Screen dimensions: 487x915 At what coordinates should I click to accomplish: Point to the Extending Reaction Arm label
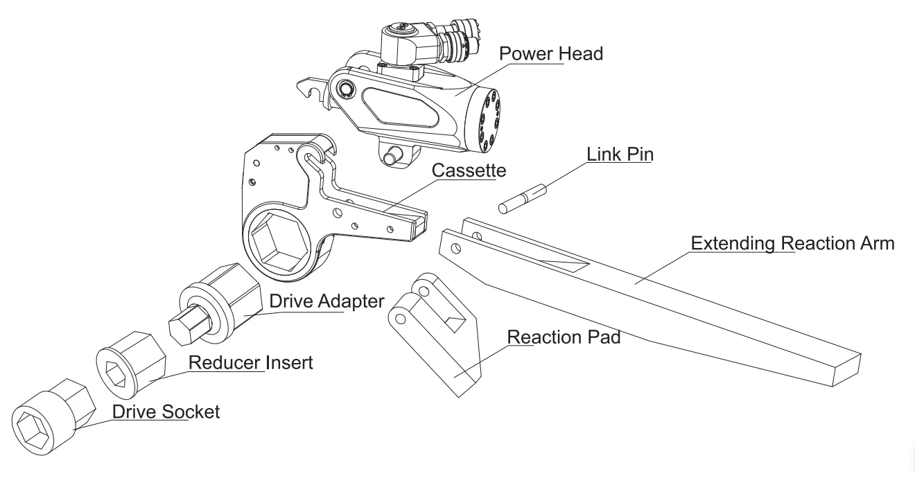tap(794, 244)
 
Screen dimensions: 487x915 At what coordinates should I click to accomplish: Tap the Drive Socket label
tap(166, 411)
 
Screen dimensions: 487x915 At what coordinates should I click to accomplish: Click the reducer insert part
tap(132, 364)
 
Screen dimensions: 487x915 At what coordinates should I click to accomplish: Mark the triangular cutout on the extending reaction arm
tap(565, 262)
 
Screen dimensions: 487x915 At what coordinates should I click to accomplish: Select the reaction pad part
tap(437, 333)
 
